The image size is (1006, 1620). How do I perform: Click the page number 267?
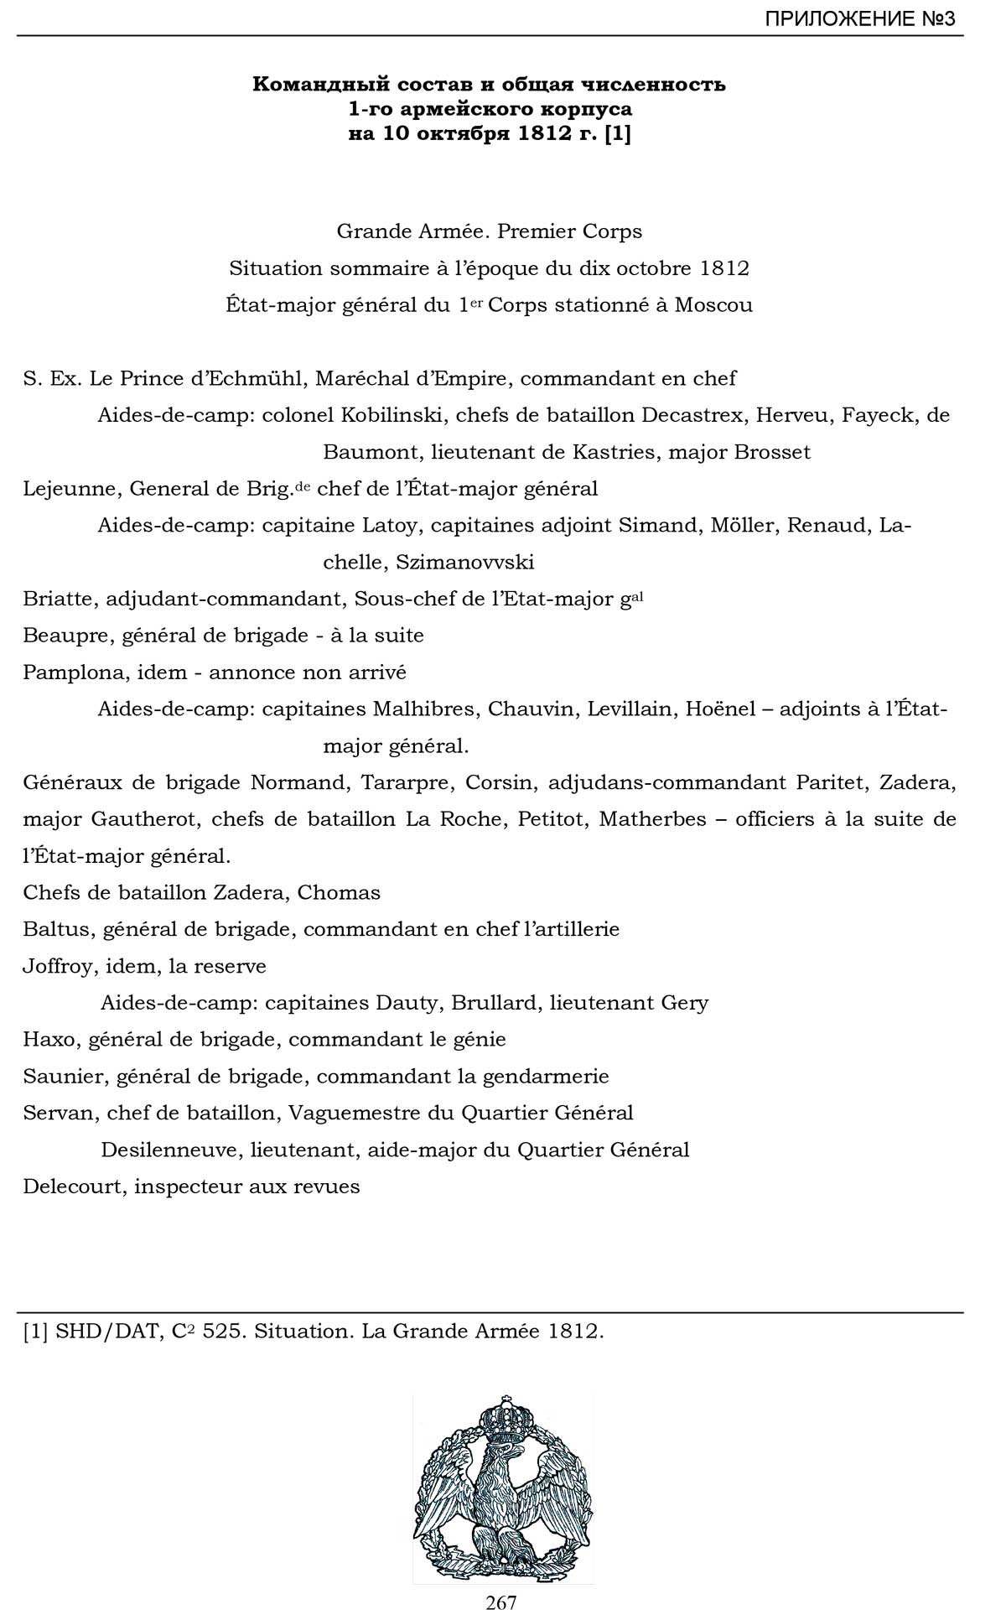coord(501,1602)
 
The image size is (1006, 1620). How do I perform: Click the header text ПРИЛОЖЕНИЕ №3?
coord(859,18)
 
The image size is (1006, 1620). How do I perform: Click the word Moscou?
coord(713,304)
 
